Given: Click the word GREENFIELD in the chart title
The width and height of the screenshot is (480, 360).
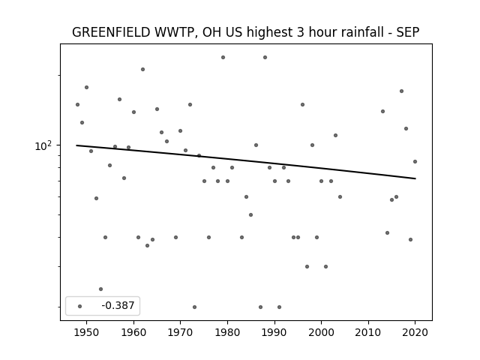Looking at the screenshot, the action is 111,32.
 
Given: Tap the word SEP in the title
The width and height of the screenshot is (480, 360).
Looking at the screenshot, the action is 408,32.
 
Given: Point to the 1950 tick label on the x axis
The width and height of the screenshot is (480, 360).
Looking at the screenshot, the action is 87,332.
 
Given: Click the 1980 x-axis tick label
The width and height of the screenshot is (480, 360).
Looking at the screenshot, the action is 227,332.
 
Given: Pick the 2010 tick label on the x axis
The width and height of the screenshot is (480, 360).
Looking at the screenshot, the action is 368,332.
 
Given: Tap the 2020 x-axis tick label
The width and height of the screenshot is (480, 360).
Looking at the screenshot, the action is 415,332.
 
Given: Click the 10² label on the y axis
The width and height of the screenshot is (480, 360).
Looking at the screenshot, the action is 43,146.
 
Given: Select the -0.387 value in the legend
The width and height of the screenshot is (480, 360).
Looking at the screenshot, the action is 118,305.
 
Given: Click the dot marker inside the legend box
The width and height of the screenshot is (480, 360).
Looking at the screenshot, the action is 80,306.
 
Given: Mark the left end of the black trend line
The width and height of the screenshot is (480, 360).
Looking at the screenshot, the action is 76,145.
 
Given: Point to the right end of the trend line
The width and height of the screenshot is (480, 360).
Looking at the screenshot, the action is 415,178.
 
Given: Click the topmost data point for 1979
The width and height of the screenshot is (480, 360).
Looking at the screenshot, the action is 223,58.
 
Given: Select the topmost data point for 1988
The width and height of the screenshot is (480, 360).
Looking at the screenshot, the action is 265,58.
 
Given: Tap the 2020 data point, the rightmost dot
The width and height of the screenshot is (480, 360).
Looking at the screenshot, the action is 415,162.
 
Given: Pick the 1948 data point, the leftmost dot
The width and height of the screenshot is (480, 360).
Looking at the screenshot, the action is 77,105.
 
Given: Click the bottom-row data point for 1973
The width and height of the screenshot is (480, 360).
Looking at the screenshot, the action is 194,307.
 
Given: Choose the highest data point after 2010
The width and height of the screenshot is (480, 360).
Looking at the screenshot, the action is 402,91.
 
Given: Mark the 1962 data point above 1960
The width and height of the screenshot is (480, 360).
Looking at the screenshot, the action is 142,70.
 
